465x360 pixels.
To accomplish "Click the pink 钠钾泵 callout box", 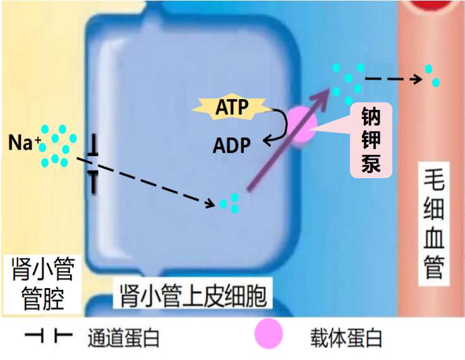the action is (x=371, y=140).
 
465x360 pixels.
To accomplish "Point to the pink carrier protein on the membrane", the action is (x=301, y=124).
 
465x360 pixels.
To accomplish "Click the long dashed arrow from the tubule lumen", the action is (x=152, y=183).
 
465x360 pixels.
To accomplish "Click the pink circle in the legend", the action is (x=269, y=335).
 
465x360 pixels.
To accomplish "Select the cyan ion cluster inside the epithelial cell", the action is (x=229, y=203).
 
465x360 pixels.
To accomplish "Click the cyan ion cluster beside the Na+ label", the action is (x=57, y=146).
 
